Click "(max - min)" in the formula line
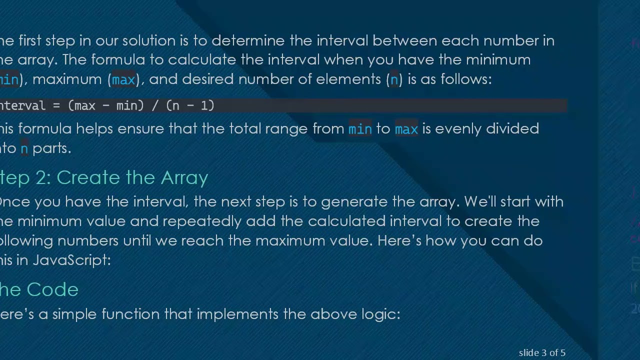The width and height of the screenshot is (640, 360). tap(105, 105)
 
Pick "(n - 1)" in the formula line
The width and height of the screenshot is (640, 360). tap(190, 105)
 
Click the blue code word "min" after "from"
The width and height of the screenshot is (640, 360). tap(360, 129)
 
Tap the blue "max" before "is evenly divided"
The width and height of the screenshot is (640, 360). tap(406, 129)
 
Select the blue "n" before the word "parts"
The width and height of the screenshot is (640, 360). tap(24, 148)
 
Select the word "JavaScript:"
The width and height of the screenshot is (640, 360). tap(72, 260)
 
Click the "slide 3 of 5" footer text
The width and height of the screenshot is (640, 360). tap(542, 353)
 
